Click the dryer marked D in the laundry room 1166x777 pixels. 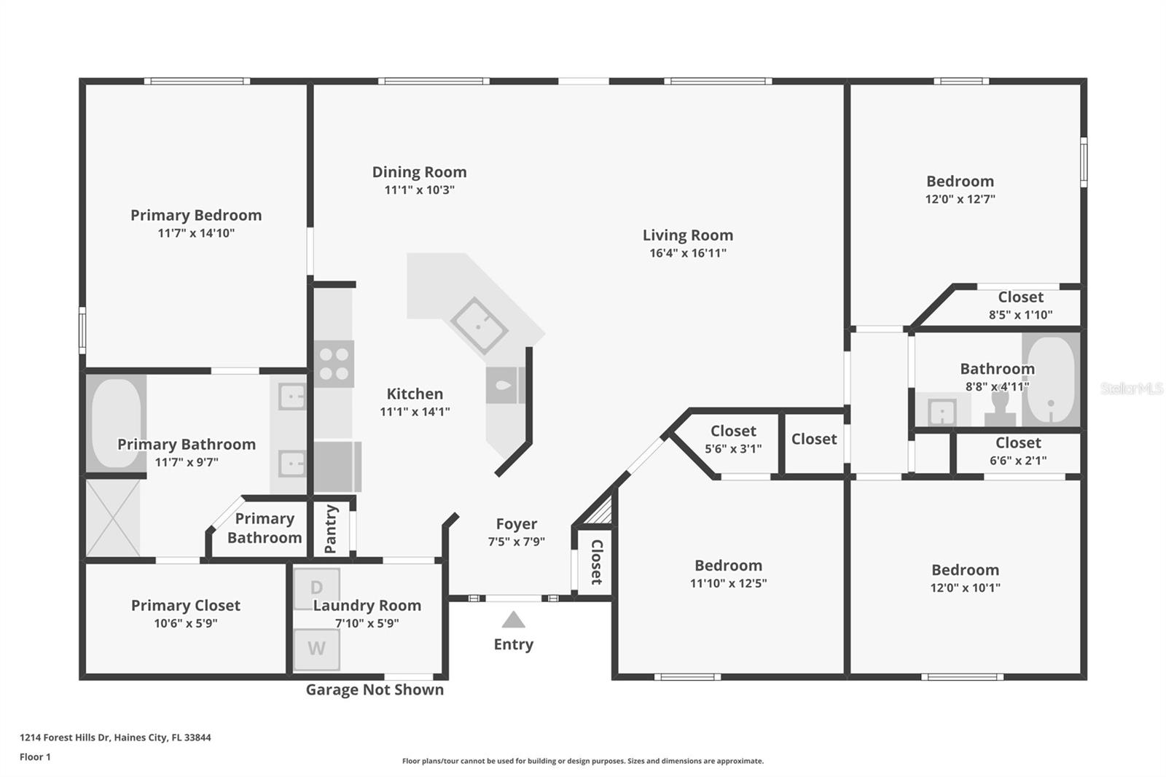[316, 588]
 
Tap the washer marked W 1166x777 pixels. [316, 649]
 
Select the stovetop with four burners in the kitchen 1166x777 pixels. [334, 364]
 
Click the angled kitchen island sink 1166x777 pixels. [479, 326]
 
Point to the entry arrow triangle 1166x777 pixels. [513, 620]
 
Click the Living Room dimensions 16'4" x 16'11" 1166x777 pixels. [688, 253]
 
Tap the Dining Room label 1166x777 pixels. [419, 172]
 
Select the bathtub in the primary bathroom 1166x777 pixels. [116, 423]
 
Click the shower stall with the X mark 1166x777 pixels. [113, 518]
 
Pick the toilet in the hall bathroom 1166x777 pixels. [1000, 410]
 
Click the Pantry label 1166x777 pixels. [331, 529]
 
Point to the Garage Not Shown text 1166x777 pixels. [375, 690]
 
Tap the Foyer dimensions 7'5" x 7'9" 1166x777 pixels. [517, 542]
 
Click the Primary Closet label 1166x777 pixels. [186, 605]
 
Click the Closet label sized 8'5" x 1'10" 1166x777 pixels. [1021, 297]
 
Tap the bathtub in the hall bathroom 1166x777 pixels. [1051, 380]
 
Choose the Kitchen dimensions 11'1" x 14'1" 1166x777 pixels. [415, 411]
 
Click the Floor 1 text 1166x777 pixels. [36, 757]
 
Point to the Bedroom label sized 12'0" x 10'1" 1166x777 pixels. [965, 570]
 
